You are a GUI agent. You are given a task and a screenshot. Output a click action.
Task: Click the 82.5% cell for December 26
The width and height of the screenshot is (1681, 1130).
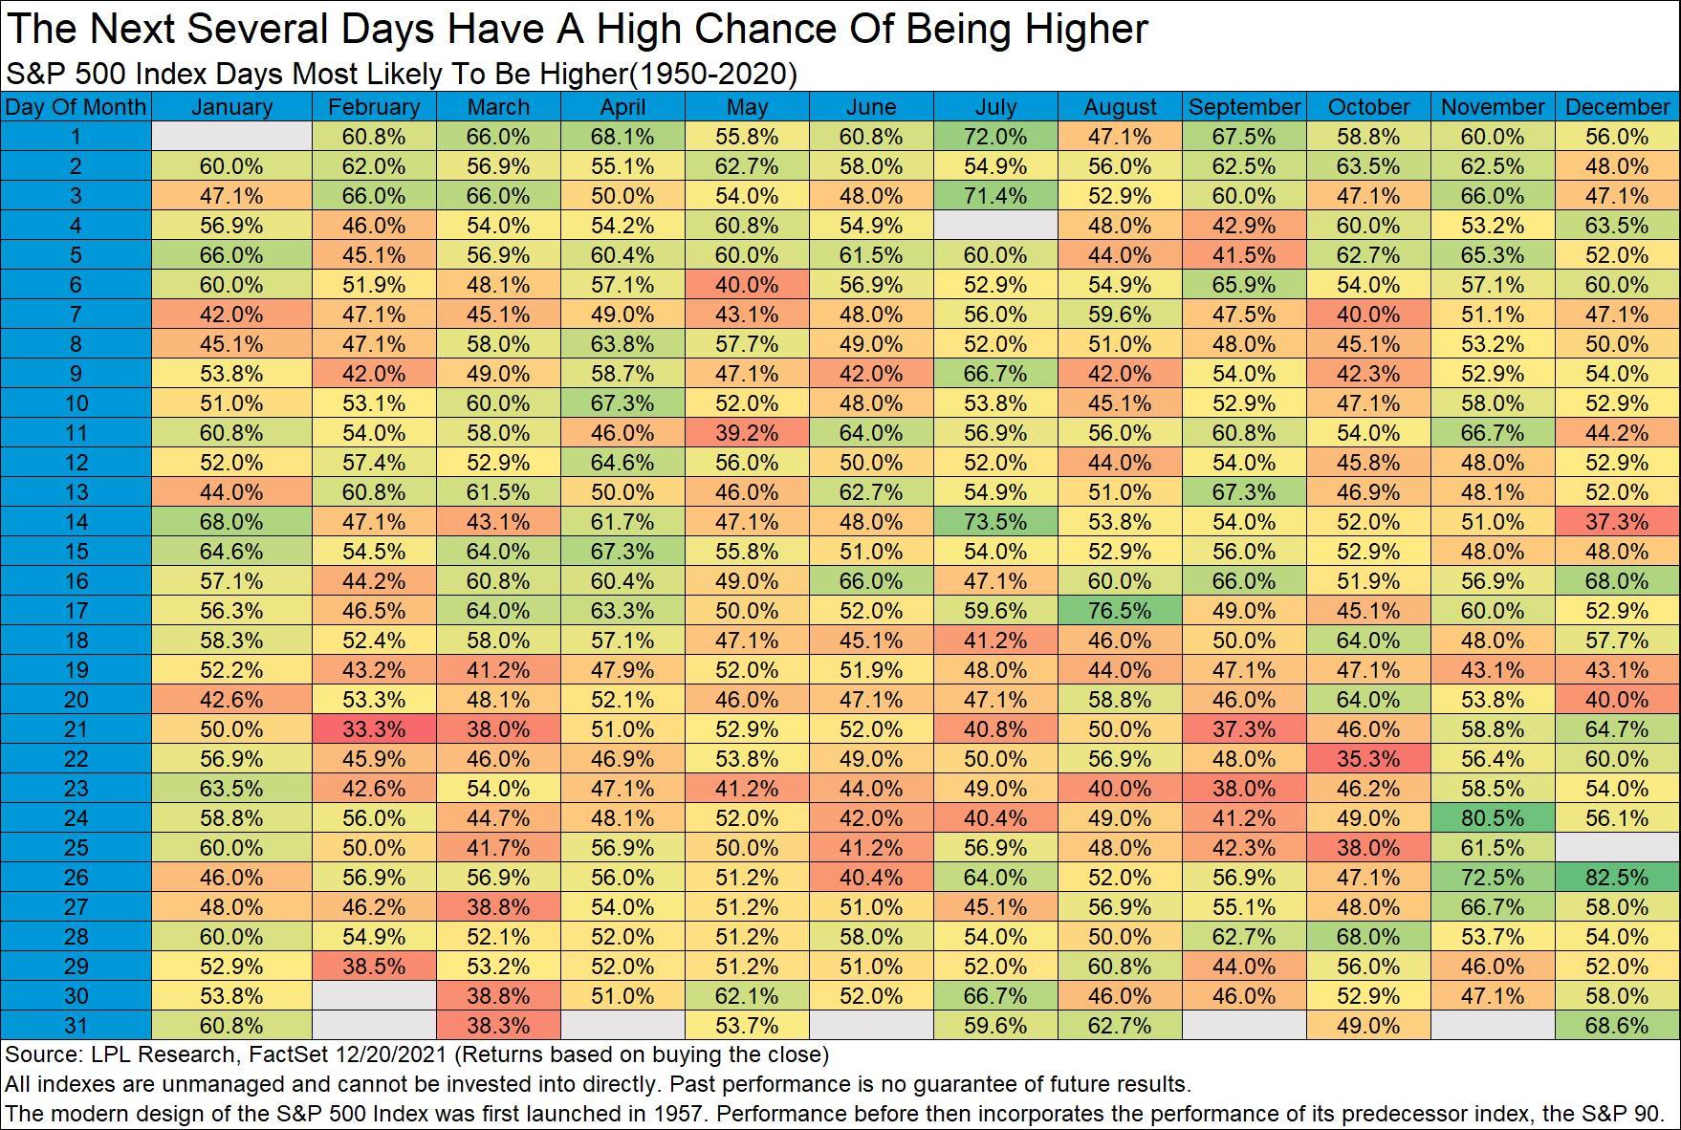(1617, 877)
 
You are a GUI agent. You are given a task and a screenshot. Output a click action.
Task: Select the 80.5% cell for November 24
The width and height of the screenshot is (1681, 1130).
(1493, 817)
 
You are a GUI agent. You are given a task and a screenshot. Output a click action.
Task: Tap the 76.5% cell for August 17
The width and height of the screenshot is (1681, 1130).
(1120, 610)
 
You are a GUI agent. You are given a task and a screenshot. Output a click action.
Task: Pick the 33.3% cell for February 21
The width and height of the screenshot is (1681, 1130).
(374, 728)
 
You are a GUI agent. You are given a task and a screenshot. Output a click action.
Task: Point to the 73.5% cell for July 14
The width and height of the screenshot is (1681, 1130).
(995, 521)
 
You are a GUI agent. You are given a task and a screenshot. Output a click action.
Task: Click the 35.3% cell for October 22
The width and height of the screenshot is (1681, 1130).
(1368, 758)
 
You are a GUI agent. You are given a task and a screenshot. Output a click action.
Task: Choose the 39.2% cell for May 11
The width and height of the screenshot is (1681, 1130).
(747, 432)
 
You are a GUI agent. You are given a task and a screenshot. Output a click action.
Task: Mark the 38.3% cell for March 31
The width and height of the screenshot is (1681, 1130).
(498, 1025)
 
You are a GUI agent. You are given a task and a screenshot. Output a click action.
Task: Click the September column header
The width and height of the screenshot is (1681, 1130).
(1244, 107)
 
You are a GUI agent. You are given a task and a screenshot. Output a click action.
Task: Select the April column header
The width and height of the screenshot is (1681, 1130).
(622, 107)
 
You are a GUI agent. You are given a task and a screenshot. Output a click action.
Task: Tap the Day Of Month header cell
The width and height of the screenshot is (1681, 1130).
(76, 107)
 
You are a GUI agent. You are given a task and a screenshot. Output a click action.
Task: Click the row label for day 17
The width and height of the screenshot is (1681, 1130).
(76, 610)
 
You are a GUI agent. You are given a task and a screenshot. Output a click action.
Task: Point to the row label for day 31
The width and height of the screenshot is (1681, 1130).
(76, 1025)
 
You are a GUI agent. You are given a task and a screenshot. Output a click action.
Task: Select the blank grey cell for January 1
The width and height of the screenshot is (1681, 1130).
(231, 136)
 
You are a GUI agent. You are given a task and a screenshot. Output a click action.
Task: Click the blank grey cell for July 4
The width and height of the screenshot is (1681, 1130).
(995, 225)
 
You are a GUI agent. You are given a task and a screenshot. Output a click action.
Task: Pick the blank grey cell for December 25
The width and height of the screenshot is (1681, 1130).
(1617, 847)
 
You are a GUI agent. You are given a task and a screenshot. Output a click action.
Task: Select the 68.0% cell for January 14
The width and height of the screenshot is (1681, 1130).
(231, 521)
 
